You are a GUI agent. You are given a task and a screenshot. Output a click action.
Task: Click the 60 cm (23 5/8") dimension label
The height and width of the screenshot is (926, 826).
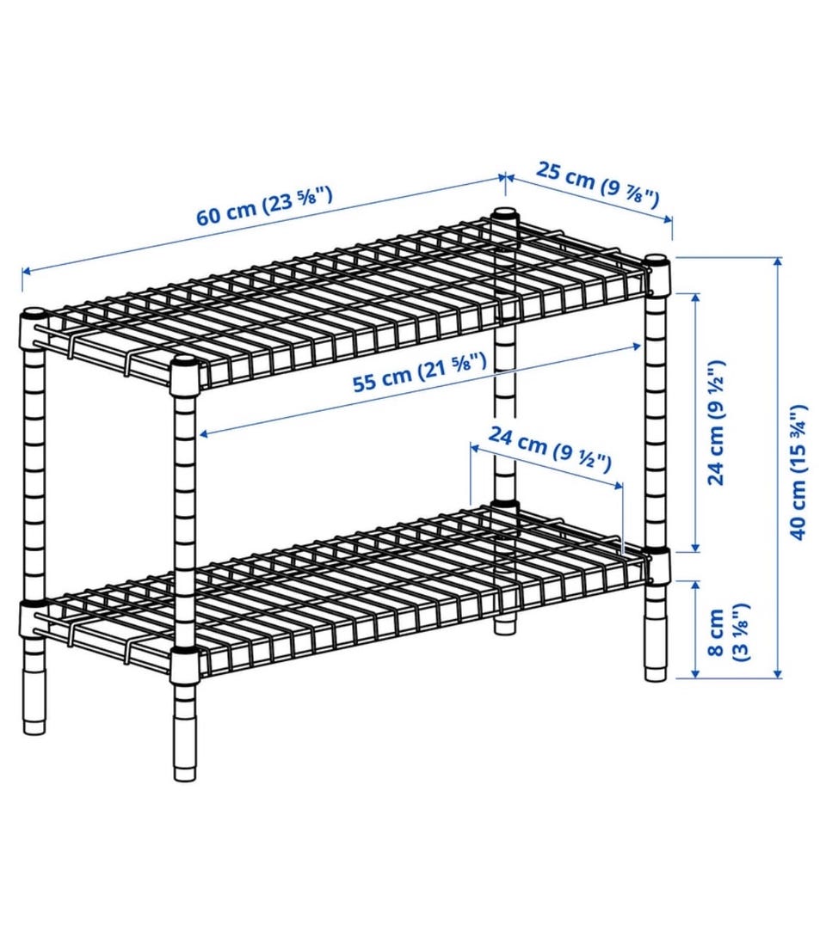(265, 206)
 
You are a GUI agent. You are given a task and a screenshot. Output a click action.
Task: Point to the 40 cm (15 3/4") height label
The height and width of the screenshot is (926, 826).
(798, 472)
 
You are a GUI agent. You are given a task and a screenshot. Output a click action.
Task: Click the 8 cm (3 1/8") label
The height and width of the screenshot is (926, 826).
(726, 633)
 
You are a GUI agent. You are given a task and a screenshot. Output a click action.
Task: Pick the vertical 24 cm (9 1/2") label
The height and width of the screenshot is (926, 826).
(716, 422)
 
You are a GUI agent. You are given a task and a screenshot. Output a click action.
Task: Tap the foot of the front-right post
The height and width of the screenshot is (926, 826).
(656, 667)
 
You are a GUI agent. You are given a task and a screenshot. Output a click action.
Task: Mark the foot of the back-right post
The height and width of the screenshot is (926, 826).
(504, 625)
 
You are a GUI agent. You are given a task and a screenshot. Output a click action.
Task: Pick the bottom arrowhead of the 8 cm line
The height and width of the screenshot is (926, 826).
(695, 672)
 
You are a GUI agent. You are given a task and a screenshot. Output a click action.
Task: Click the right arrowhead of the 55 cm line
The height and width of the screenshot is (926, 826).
(636, 346)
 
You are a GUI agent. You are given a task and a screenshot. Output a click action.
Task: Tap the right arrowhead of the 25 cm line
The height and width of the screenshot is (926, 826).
(667, 219)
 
